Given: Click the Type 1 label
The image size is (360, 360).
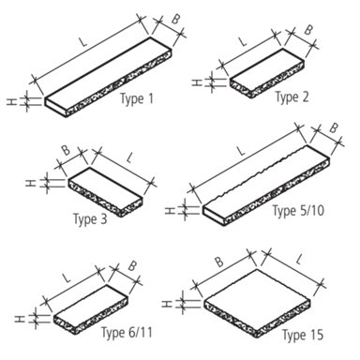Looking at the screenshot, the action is [137, 99].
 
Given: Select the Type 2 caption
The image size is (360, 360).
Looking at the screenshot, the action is [292, 97].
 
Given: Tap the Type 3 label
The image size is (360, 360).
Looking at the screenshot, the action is [90, 218].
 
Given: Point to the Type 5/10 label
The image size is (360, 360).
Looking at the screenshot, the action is [298, 210].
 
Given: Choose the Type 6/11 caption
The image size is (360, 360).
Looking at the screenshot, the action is [127, 332].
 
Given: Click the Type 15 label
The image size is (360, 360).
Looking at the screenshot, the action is [303, 335].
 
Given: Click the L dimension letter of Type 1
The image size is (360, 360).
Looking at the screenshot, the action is [83, 41].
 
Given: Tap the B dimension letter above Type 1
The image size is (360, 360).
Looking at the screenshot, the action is [175, 20].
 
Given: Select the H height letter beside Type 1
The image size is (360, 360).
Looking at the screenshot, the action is [11, 101].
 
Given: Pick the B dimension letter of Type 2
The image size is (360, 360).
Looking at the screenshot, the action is [308, 30].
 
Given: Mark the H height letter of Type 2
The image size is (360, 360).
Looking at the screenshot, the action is [196, 82].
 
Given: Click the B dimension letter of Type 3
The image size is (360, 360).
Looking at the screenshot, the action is [66, 150].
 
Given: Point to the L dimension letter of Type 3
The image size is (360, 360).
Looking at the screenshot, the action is [130, 158].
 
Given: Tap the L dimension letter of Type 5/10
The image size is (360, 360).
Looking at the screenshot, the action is [241, 151].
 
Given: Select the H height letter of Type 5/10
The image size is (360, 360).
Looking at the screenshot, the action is [170, 210].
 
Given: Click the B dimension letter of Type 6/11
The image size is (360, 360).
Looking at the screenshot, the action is [132, 266].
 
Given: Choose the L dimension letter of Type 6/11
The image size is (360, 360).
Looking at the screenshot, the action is [66, 277].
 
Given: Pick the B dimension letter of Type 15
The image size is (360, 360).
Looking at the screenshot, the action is [219, 262].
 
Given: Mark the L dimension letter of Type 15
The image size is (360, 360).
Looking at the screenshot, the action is [299, 260].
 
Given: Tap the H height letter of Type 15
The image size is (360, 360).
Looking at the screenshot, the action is [167, 304].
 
